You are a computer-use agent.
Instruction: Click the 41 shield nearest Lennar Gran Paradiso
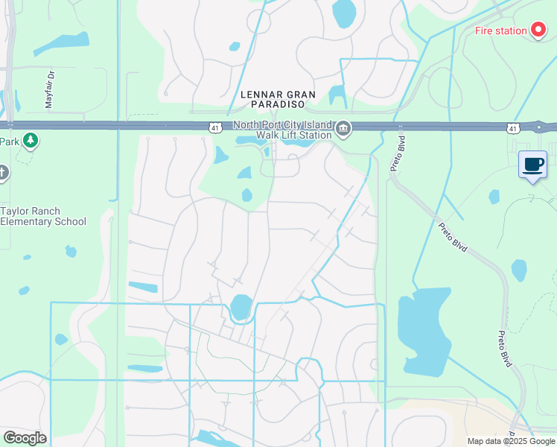(x=214, y=129)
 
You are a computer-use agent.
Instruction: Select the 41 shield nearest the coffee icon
(x=512, y=129)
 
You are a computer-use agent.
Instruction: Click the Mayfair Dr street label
(x=50, y=90)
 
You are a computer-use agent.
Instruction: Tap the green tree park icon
(x=30, y=140)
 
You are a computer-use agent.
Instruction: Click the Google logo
(x=24, y=438)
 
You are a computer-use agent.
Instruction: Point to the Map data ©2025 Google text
(x=511, y=441)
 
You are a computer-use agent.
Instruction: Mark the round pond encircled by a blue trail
(x=241, y=307)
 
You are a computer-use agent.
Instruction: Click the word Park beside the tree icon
(x=9, y=142)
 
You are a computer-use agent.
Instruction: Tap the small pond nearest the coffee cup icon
(x=494, y=197)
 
